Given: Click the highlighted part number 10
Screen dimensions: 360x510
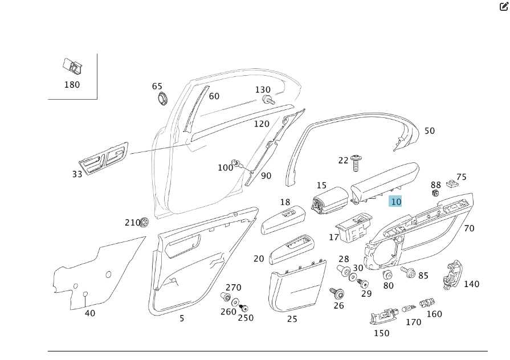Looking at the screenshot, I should (395, 202).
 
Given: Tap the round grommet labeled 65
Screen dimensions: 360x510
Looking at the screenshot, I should (164, 97).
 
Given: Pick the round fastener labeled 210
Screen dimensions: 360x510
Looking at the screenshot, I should (145, 222).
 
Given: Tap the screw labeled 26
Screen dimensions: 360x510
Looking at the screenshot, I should (338, 293).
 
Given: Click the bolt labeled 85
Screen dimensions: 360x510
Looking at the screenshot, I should (409, 272).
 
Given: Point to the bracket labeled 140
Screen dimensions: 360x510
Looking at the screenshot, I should (453, 276).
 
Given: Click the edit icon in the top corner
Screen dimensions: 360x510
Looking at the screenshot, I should (504, 7).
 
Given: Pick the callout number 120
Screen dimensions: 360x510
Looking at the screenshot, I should (262, 124).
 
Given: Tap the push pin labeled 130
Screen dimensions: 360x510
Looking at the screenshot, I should (267, 100).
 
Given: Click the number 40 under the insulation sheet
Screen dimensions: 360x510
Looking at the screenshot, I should (90, 313).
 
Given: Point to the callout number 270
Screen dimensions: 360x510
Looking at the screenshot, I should (234, 288).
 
